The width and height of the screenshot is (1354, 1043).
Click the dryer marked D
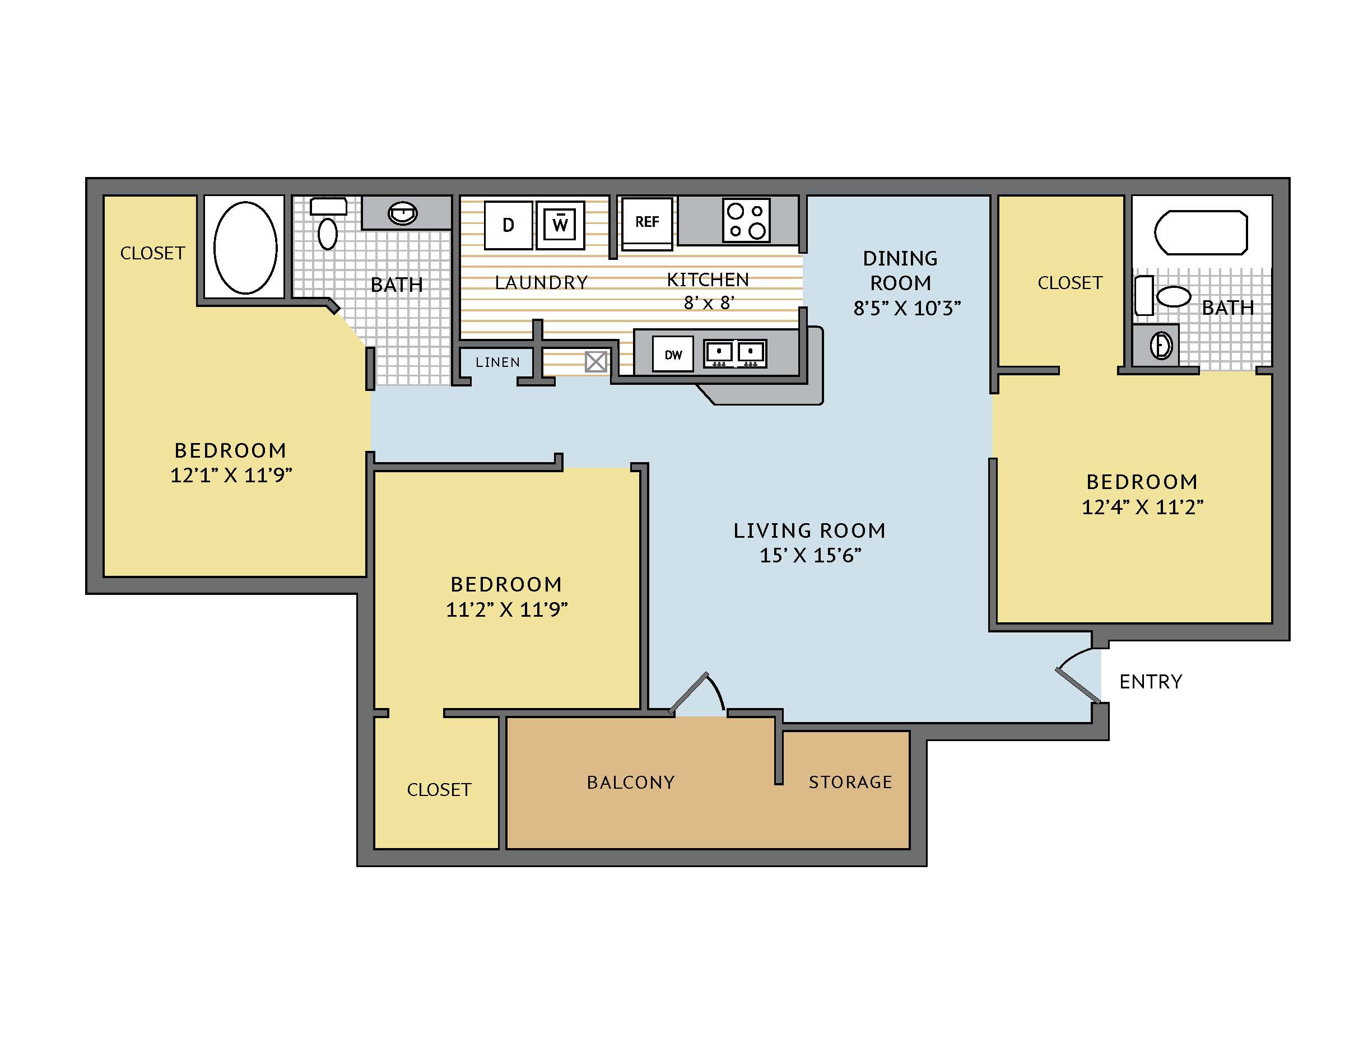coord(508,225)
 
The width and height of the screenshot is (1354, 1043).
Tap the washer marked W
coord(560,225)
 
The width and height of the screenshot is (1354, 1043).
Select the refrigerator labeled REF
coord(647,223)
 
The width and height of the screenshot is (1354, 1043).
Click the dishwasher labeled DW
coord(673,355)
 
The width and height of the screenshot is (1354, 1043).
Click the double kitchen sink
coord(736,354)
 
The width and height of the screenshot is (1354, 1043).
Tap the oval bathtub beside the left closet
coord(245,247)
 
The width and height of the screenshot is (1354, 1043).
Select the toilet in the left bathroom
coord(328,223)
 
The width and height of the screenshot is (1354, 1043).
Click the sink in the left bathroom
coord(403,214)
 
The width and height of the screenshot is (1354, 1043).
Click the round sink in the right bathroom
coord(1162,346)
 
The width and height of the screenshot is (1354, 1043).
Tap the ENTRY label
coord(1151,682)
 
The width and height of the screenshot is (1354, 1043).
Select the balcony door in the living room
coord(697,693)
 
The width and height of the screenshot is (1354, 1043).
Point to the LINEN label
coord(498,362)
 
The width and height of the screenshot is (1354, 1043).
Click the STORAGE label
coord(850,782)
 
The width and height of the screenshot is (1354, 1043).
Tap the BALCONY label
coord(630,782)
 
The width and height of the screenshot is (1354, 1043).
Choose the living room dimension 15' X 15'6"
coord(810,555)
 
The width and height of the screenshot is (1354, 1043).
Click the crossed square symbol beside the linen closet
coord(597,362)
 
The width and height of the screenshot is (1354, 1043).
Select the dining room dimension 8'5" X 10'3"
coord(907,308)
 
